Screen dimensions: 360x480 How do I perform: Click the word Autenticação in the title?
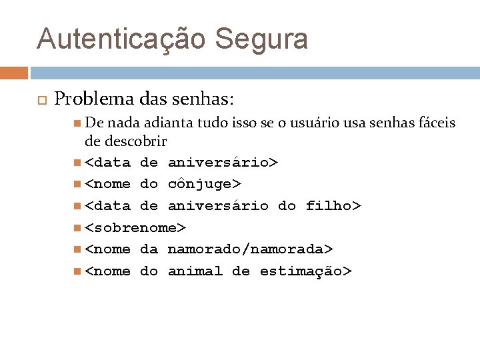point(122,39)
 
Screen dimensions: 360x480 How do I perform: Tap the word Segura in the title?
point(262,39)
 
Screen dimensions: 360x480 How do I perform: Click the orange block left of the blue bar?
point(14,73)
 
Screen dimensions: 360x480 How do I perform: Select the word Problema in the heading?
point(95,100)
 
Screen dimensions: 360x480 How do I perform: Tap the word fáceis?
point(435,123)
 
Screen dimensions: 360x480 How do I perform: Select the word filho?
point(329,206)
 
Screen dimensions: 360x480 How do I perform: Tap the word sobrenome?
point(135,227)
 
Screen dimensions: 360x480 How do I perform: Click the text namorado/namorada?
point(245,249)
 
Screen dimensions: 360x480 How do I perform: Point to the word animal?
point(195,271)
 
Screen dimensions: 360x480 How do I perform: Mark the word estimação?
point(300,271)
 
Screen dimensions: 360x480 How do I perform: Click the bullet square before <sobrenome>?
point(79,228)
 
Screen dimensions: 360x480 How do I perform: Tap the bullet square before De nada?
point(79,123)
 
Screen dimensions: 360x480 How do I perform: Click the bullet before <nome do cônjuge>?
point(79,184)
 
